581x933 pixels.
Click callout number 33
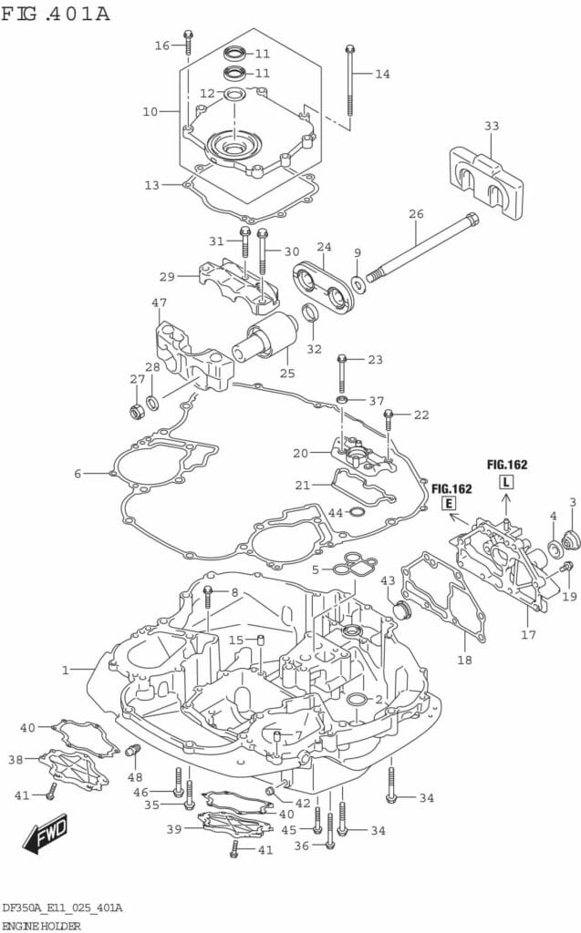[x=492, y=126]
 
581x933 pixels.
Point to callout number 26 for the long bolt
[x=416, y=215]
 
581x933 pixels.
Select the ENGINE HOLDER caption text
[x=41, y=925]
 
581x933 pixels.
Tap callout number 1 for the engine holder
[x=65, y=670]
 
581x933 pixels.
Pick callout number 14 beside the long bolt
[x=382, y=74]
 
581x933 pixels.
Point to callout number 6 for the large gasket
[x=78, y=473]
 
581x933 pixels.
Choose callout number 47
[x=160, y=302]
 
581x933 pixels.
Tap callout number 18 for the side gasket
[x=464, y=660]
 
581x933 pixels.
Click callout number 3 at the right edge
[x=573, y=501]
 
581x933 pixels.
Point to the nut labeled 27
[x=137, y=412]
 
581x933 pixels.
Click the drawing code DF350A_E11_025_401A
[x=62, y=908]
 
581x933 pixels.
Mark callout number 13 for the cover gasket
[x=151, y=185]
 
